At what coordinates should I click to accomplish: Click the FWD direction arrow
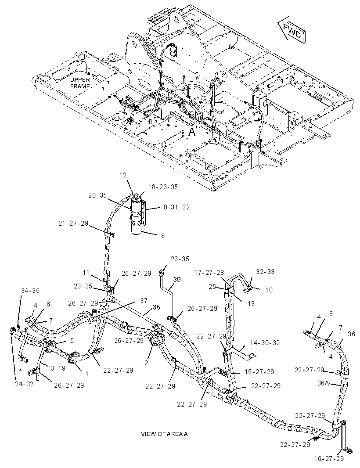[x=292, y=30]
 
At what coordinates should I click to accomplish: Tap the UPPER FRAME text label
[x=80, y=83]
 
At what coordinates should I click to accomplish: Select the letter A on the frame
[x=192, y=131]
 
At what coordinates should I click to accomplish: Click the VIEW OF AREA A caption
[x=164, y=434]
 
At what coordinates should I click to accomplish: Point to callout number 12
[x=123, y=175]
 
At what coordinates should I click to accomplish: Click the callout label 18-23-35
[x=163, y=187]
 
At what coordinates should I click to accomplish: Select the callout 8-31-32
[x=176, y=207]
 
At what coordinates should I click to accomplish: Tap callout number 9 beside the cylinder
[x=163, y=235]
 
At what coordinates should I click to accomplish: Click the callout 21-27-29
[x=74, y=223]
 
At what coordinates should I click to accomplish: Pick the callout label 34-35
[x=30, y=290]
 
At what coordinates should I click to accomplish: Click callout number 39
[x=177, y=279]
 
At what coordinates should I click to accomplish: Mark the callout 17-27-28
[x=209, y=272]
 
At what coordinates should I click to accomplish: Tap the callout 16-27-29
[x=329, y=458]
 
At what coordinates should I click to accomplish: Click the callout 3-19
[x=58, y=368]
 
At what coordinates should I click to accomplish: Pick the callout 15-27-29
[x=259, y=372]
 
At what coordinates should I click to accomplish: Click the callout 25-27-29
[x=202, y=308]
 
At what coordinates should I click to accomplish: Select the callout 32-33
[x=265, y=272]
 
